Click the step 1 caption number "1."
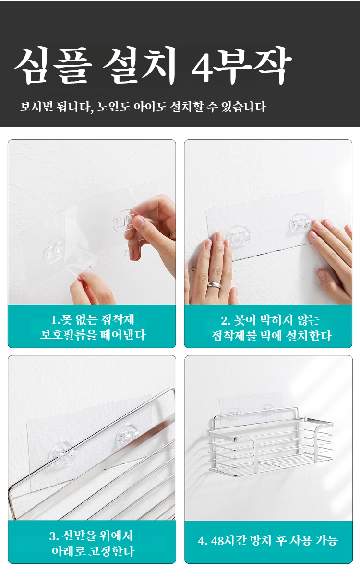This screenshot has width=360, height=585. coord(55,320)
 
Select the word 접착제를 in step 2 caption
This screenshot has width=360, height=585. coord(234,336)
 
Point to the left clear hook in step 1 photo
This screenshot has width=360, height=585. coord(54,251)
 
